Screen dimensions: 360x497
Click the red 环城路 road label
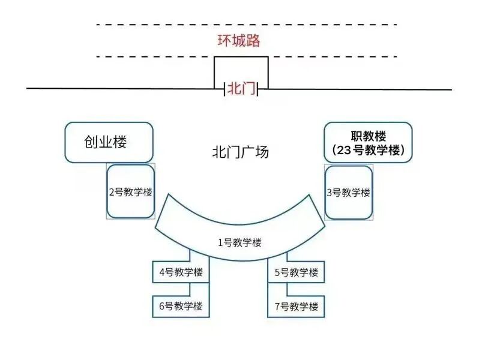pyautogui.click(x=238, y=41)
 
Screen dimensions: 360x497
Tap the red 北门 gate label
pyautogui.click(x=241, y=89)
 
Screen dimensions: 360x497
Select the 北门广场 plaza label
pyautogui.click(x=241, y=151)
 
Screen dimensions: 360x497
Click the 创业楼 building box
pyautogui.click(x=109, y=142)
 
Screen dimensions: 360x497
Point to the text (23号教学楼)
pyautogui.click(x=369, y=151)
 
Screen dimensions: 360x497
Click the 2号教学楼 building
pyautogui.click(x=130, y=192)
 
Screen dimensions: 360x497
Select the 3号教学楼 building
pyautogui.click(x=348, y=193)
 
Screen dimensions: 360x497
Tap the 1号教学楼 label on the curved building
pyautogui.click(x=239, y=242)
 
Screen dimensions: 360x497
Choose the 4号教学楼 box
pyautogui.click(x=181, y=272)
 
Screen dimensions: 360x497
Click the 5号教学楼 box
pyautogui.click(x=296, y=272)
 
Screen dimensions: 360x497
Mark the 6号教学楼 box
pyautogui.click(x=181, y=307)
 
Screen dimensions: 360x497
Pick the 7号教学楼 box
pyautogui.click(x=296, y=307)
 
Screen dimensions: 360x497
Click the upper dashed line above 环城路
pyautogui.click(x=246, y=25)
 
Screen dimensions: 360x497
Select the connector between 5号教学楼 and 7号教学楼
pyautogui.click(x=288, y=289)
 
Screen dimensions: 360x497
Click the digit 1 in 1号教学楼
pyautogui.click(x=220, y=242)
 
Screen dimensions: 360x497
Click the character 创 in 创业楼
pyautogui.click(x=91, y=142)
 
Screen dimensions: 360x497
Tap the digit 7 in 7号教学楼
pyautogui.click(x=278, y=307)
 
